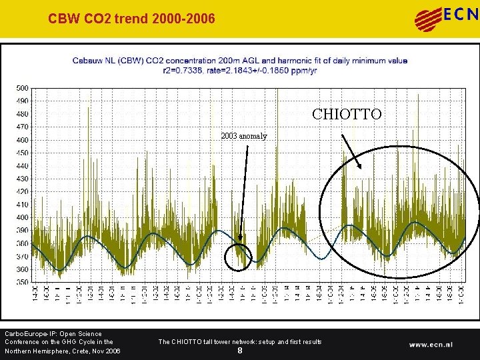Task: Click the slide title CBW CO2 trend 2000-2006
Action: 131,19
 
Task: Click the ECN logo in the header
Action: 446,18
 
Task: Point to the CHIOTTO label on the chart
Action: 347,115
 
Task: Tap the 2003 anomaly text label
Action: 244,136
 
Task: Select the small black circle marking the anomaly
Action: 238,257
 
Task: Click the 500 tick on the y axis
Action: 22,88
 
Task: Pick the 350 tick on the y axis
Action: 22,282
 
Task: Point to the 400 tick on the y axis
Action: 22,217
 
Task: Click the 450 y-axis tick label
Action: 22,153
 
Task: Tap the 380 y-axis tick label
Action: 22,243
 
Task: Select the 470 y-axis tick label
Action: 22,127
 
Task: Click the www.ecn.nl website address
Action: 431,345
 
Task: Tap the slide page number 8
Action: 240,351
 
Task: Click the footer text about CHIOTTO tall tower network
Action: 239,341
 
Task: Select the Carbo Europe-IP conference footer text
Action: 63,342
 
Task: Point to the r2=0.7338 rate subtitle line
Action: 239,69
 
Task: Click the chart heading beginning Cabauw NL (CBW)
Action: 239,60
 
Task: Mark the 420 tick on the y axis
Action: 22,191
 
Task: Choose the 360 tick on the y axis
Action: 22,269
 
